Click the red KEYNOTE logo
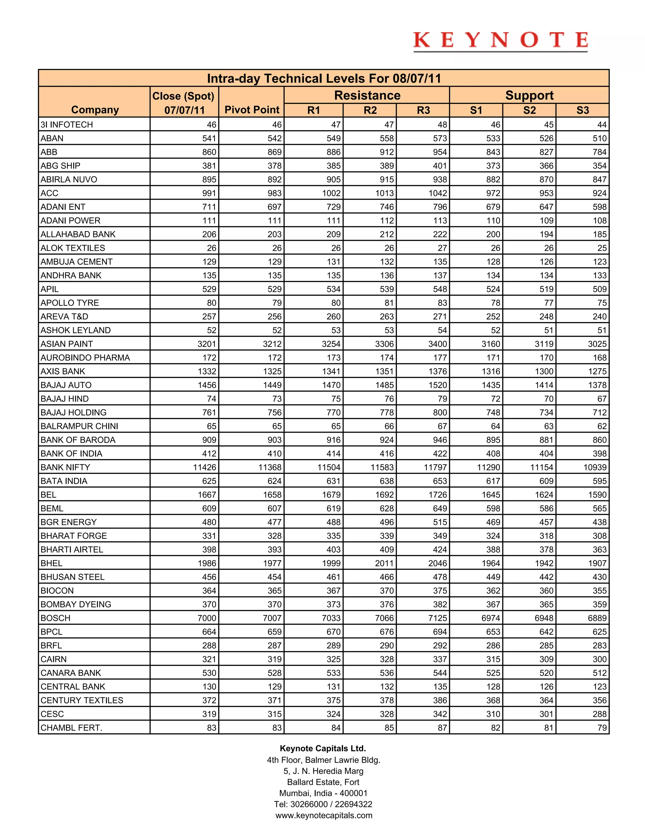click(500, 41)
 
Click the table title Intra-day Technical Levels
click(324, 78)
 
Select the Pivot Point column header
click(252, 110)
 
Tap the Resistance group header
click(367, 95)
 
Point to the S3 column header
click(582, 110)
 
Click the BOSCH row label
click(55, 618)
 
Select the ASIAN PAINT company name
click(66, 344)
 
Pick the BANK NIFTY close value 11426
click(204, 467)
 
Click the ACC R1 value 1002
click(331, 193)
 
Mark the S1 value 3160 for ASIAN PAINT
click(491, 344)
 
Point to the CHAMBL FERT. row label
click(71, 728)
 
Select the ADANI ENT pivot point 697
click(274, 207)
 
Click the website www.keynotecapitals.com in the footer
click(324, 815)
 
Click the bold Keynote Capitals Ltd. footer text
click(323, 748)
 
